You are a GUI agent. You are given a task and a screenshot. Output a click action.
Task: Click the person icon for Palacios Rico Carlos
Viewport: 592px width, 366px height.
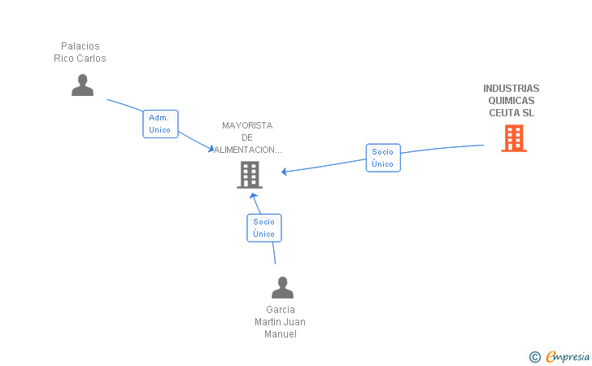click(82, 85)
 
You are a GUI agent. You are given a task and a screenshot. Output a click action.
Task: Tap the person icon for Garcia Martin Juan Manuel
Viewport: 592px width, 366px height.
click(282, 288)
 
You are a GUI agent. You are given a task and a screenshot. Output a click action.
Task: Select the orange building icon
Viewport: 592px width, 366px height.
click(513, 138)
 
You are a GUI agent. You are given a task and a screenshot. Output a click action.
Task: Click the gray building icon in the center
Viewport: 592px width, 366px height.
click(250, 174)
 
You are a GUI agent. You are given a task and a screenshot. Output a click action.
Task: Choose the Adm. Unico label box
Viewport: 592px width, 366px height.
click(160, 124)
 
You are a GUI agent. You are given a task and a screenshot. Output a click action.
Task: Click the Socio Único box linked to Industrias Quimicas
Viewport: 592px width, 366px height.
click(382, 158)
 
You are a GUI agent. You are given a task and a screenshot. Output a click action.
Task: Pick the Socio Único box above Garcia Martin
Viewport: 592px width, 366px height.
click(263, 228)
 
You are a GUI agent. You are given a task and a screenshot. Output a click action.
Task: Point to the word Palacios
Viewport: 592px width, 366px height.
click(81, 46)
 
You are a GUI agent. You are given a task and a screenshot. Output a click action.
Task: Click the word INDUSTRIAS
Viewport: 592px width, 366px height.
click(511, 89)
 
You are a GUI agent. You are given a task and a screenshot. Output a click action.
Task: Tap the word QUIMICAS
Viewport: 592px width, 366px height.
click(511, 101)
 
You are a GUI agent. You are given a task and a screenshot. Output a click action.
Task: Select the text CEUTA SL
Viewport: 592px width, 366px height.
click(511, 113)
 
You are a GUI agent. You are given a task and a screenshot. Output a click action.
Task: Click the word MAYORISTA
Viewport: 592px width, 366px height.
click(247, 125)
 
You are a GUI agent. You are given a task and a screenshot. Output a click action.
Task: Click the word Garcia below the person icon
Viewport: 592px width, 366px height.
click(281, 310)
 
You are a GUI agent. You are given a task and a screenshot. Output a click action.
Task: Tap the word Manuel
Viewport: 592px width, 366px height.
click(281, 334)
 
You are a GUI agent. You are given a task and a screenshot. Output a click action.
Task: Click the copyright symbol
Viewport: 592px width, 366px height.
click(534, 356)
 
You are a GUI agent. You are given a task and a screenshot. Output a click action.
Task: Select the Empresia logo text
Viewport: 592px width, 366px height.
click(568, 356)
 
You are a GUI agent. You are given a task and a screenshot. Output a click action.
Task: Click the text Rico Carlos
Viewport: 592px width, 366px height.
click(81, 59)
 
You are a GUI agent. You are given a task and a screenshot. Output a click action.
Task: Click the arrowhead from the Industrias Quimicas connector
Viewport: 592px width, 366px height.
click(285, 172)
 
